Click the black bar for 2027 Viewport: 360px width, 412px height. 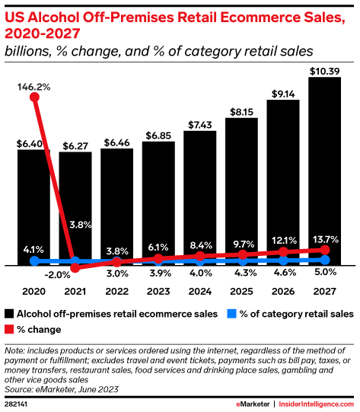pyautogui.click(x=324, y=171)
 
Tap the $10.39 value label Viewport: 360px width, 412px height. pyautogui.click(x=324, y=71)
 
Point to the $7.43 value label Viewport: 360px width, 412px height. pyautogui.click(x=200, y=124)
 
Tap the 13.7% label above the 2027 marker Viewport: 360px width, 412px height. pyautogui.click(x=325, y=239)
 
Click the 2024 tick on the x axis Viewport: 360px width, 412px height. pyautogui.click(x=200, y=291)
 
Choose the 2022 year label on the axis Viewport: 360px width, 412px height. pyautogui.click(x=116, y=291)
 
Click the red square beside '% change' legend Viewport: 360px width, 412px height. pyautogui.click(x=9, y=329)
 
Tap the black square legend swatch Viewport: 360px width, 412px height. pyautogui.click(x=9, y=314)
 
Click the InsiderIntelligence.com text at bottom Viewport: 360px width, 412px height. pyautogui.click(x=316, y=402)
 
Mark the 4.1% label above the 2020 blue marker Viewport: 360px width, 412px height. pyautogui.click(x=33, y=248)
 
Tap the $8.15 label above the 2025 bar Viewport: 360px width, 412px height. pyautogui.click(x=241, y=111)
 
